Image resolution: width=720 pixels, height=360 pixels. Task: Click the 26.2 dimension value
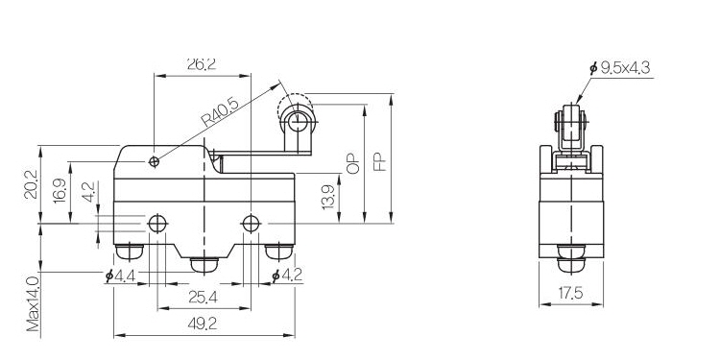202,64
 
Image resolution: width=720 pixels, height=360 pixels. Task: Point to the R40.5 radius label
220,112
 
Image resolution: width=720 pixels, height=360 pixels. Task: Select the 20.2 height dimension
31,184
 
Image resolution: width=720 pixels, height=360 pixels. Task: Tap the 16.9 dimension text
60,191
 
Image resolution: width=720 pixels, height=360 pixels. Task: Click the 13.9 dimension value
328,197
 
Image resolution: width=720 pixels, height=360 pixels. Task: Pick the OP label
353,163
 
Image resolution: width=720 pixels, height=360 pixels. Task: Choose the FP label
380,162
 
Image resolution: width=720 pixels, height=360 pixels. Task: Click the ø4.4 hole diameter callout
120,276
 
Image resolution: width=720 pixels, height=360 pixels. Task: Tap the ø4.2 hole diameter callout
287,276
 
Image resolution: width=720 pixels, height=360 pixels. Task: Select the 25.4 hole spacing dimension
203,298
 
